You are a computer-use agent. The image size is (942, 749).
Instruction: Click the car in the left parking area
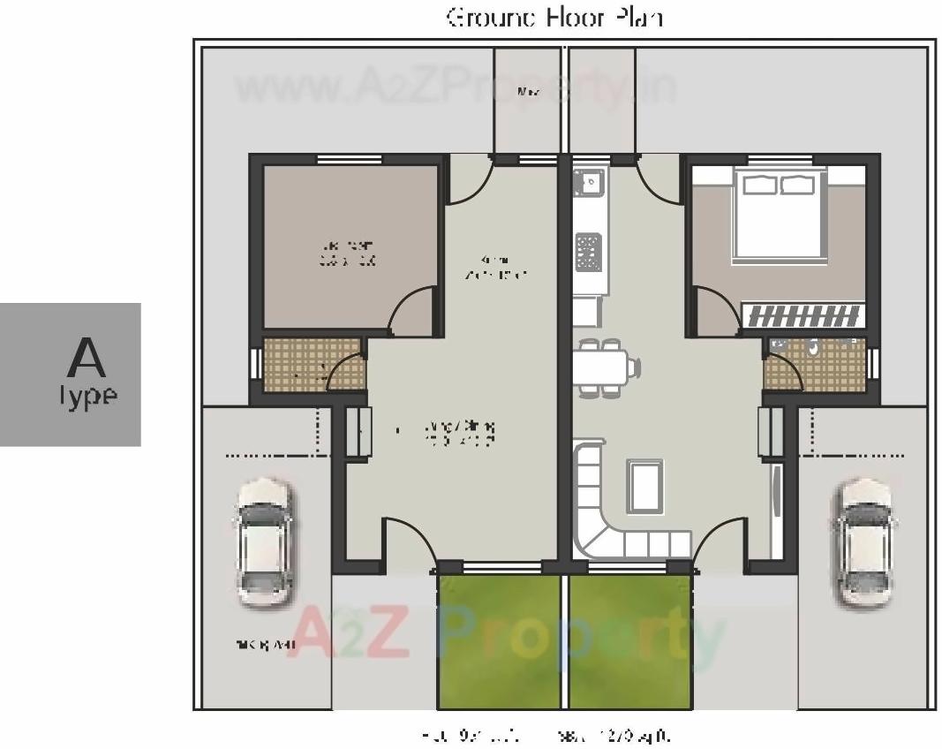(x=264, y=542)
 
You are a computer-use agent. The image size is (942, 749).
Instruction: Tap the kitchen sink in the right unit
(x=588, y=184)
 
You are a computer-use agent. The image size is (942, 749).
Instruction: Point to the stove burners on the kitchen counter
(x=588, y=251)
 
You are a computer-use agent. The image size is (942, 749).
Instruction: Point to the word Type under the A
(x=88, y=396)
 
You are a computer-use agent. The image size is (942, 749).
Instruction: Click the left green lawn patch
(x=499, y=641)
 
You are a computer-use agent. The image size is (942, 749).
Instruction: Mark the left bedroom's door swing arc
(x=408, y=309)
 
